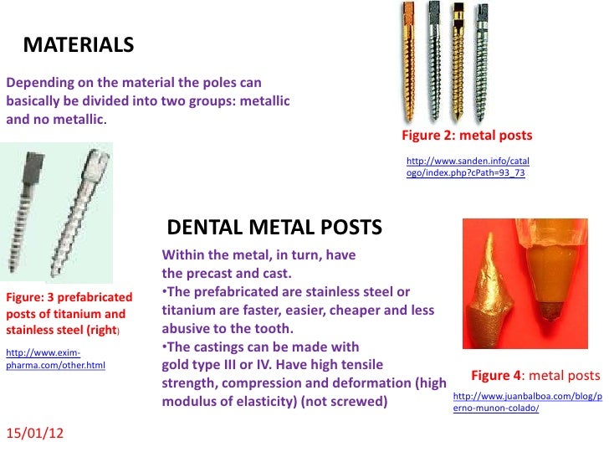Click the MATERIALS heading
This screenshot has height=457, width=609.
[78, 44]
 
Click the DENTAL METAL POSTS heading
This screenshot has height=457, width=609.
[275, 228]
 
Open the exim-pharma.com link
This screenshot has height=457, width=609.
[55, 358]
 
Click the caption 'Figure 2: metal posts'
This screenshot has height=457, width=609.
[467, 136]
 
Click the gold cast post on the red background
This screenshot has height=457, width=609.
[489, 297]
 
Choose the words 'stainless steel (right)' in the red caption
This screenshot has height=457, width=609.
[63, 331]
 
